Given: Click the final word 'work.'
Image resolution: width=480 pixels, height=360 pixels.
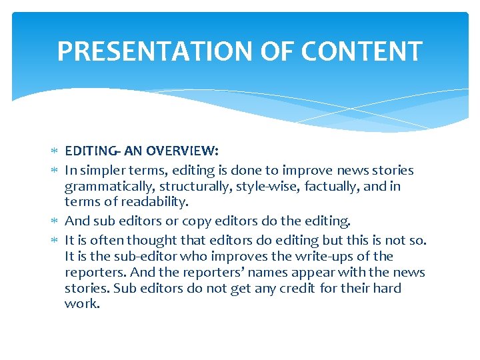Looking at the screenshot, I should click(x=82, y=304).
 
